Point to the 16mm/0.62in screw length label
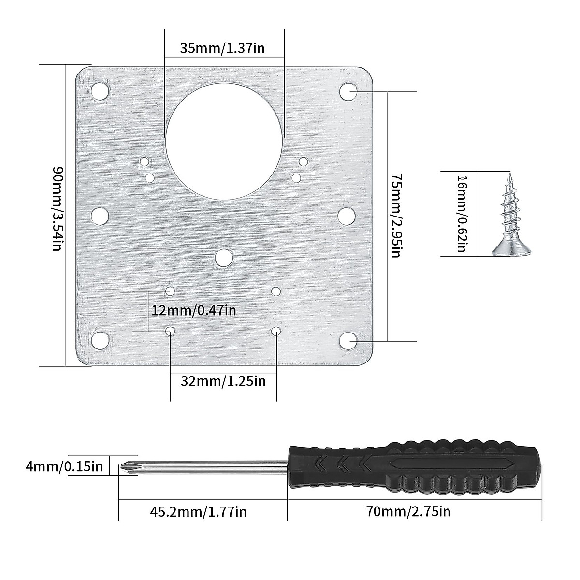pos(462,214)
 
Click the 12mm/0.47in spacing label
pos(194,310)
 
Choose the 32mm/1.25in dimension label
pos(223,381)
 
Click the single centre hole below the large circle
pos(223,258)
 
